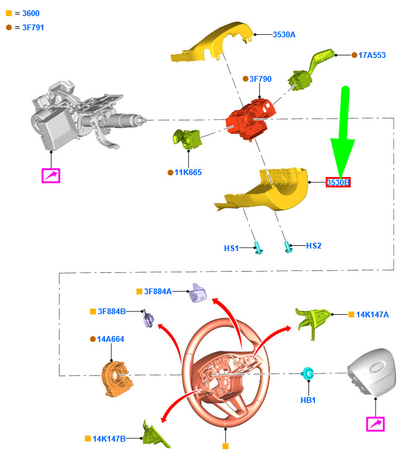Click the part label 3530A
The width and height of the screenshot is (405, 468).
pos(284,35)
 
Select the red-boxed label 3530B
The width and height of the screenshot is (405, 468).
pos(338,182)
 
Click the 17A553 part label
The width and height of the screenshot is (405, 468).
pos(372,55)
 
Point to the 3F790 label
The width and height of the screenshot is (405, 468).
pos(260,79)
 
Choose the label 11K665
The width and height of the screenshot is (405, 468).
pos(188,173)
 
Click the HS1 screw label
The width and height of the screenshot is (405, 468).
pos(231,248)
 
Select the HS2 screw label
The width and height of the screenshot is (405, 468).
pos(314,246)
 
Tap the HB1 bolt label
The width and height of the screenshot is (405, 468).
pos(308,400)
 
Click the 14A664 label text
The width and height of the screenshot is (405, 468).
pos(111,339)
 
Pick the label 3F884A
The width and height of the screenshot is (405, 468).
pos(158,292)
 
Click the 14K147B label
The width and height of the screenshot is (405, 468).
pos(109,439)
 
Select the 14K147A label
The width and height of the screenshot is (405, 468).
pos(372,315)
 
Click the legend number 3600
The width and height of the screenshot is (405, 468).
pos(31,14)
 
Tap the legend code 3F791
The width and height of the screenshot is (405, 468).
pos(33,28)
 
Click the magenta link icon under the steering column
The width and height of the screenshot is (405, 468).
pos(51,176)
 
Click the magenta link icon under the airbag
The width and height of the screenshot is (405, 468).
pos(375,424)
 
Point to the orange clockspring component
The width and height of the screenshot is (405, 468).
pos(117,379)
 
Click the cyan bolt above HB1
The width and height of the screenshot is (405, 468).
pos(308,373)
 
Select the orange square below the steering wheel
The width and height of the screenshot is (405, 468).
pos(225,446)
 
